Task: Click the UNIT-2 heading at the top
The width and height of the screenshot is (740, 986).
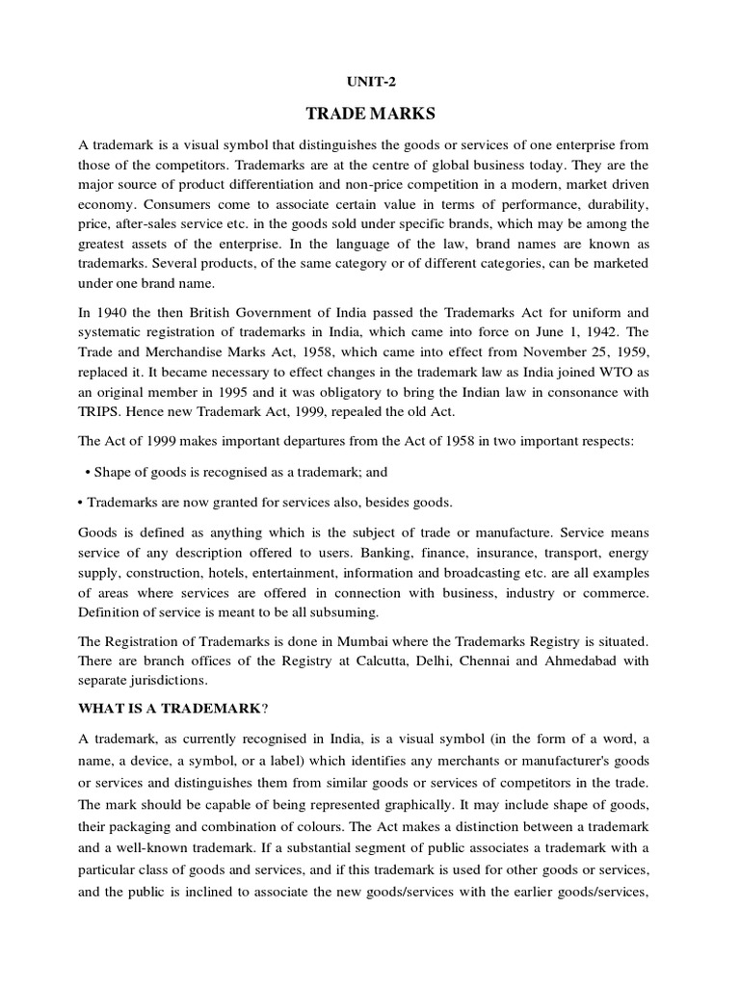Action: pos(370,84)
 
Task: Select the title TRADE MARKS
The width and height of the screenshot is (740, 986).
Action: pos(370,116)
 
